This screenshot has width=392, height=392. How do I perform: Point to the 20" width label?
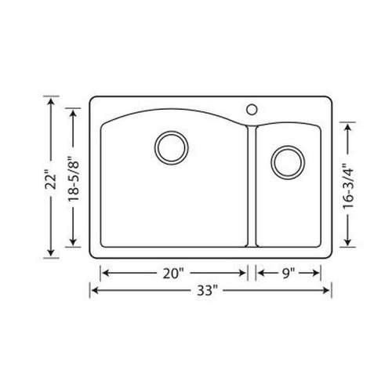point(173,274)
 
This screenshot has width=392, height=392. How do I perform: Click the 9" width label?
point(287,274)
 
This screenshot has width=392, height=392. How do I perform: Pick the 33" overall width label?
point(211,291)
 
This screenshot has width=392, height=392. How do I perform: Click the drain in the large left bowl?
point(171,147)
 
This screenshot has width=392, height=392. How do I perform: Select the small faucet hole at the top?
point(252,108)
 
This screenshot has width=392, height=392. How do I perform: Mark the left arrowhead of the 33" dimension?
point(96,291)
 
